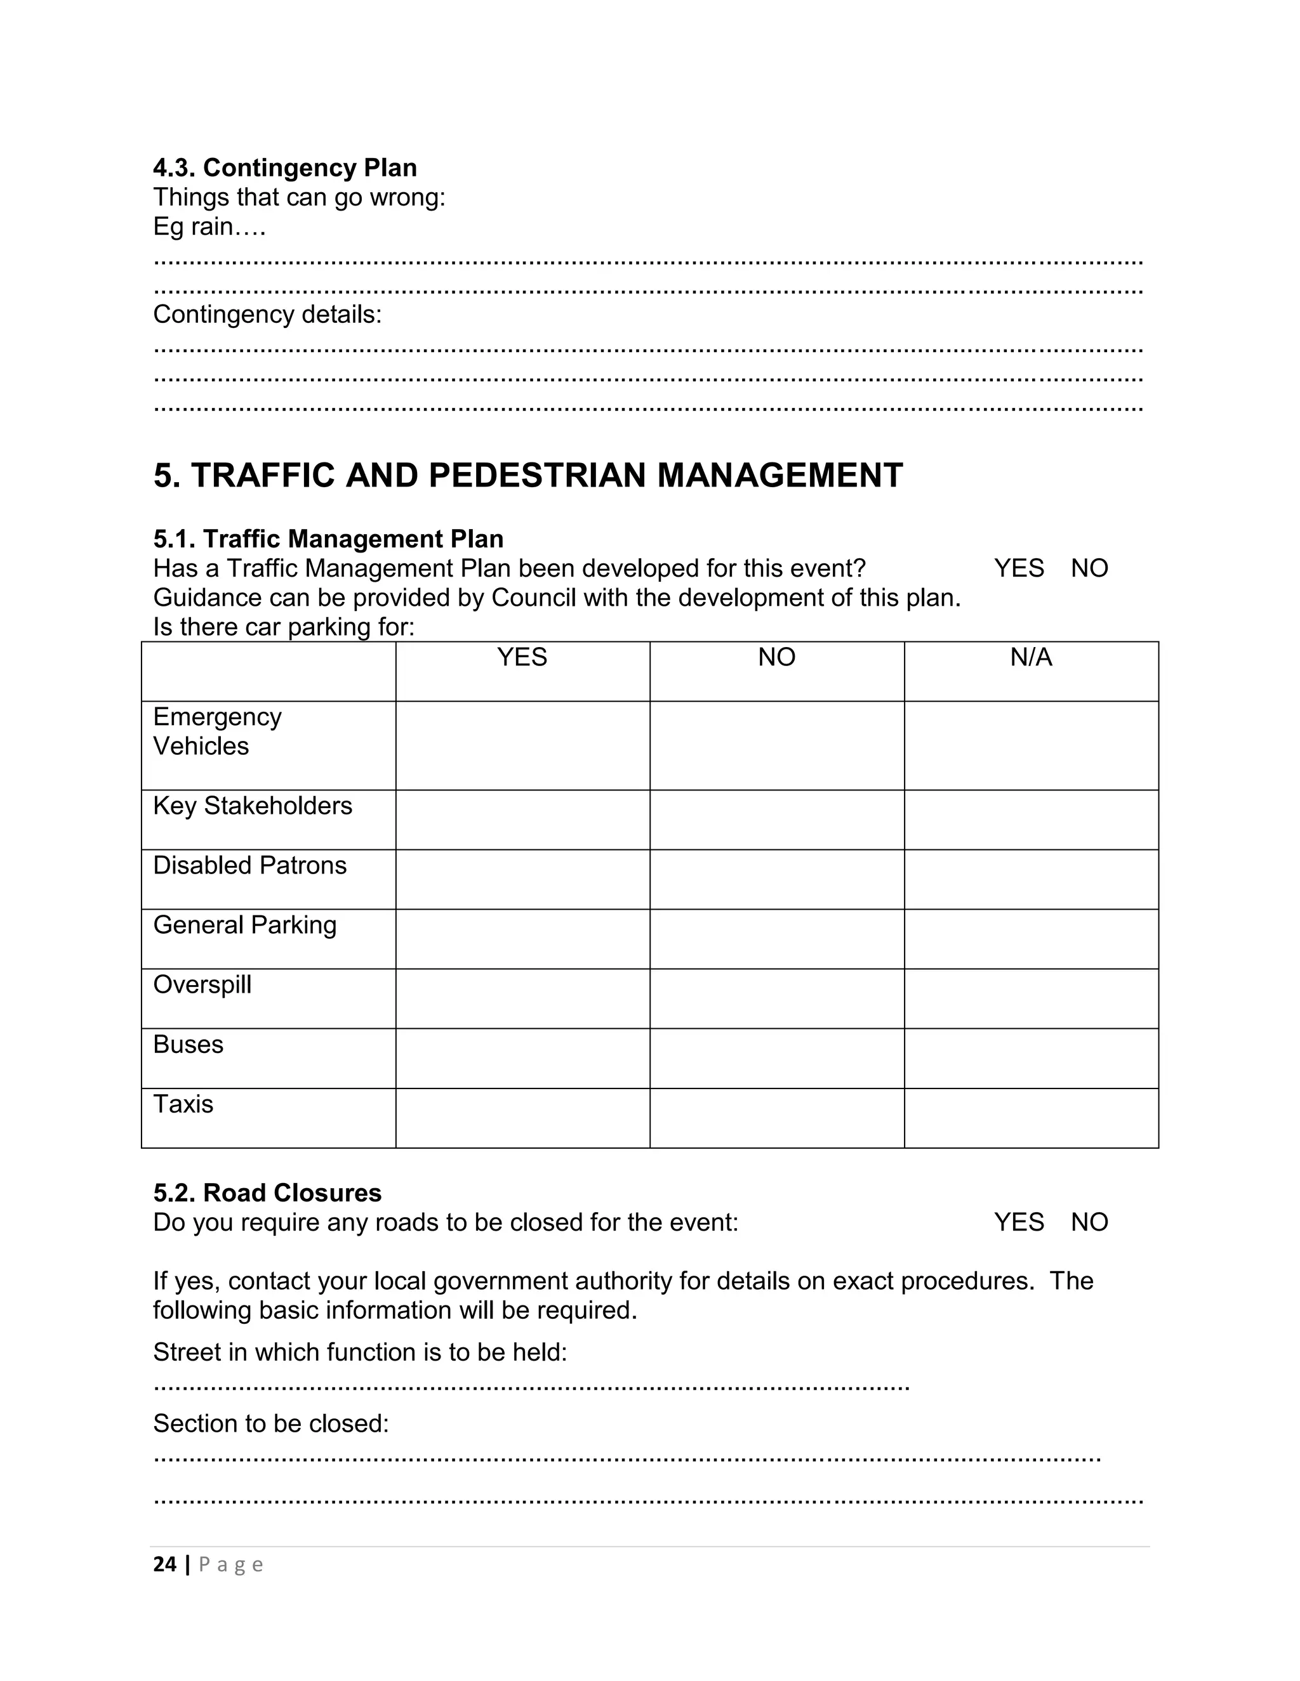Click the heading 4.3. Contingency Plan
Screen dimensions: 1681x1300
[285, 168]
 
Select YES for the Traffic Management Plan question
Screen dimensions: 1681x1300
[1018, 568]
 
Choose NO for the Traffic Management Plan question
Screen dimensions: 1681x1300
[1089, 568]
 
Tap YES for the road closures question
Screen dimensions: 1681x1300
[1018, 1222]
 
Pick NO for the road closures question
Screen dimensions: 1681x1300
[1089, 1222]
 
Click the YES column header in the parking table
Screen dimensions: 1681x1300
[522, 657]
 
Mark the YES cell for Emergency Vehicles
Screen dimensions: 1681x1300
[522, 745]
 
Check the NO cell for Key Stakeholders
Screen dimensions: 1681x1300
[776, 820]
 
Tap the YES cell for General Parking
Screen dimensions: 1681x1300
[522, 939]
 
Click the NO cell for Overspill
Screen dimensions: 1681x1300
[776, 998]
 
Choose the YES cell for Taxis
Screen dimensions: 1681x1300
[522, 1118]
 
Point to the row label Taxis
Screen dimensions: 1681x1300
[183, 1104]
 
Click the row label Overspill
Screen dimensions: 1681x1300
[202, 985]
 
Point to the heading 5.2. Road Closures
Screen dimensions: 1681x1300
[267, 1193]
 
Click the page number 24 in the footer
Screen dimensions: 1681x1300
[165, 1564]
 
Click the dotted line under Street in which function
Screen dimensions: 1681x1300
[531, 1389]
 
